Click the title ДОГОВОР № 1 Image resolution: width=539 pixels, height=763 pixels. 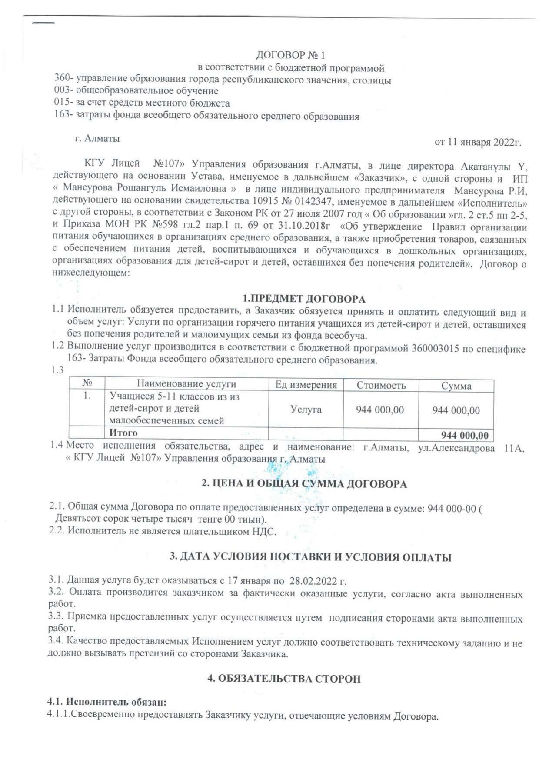click(x=290, y=55)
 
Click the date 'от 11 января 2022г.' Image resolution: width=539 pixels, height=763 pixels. click(x=478, y=143)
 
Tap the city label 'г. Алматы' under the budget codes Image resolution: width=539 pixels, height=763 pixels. click(x=97, y=139)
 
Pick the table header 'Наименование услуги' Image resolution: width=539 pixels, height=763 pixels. click(x=186, y=384)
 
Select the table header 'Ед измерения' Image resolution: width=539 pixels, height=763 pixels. click(x=306, y=385)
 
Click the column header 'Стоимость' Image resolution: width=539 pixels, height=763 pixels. click(x=381, y=385)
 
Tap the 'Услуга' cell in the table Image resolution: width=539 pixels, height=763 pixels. click(x=306, y=409)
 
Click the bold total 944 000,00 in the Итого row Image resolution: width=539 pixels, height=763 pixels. click(x=464, y=435)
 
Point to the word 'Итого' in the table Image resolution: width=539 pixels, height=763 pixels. click(x=123, y=433)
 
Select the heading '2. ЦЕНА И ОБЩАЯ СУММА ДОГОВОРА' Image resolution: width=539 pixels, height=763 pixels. click(x=304, y=484)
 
